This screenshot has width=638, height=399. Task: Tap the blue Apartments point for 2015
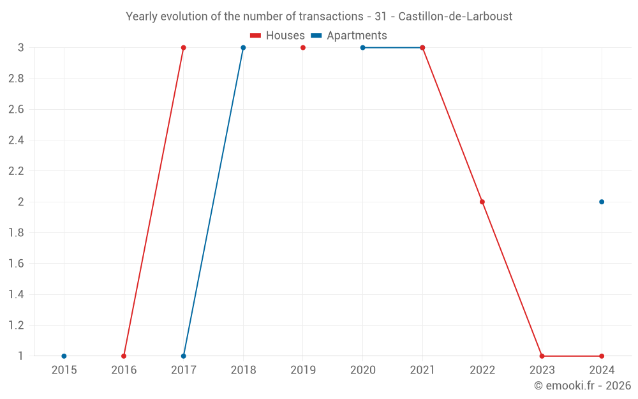(64, 356)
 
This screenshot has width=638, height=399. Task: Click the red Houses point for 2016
(124, 356)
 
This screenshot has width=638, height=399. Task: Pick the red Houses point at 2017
(183, 48)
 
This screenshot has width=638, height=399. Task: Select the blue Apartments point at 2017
(183, 356)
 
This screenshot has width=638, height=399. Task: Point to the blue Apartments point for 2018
(243, 48)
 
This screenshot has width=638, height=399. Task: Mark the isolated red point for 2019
(303, 48)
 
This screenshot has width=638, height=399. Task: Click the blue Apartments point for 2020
(362, 48)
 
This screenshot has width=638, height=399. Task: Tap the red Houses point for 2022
(482, 202)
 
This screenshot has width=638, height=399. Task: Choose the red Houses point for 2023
(542, 356)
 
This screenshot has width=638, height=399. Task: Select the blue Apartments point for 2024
(602, 202)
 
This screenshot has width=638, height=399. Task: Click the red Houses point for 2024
(602, 356)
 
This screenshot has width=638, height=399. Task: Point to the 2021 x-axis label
(422, 370)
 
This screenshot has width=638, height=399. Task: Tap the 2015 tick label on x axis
(64, 370)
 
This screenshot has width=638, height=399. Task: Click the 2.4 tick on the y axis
(17, 140)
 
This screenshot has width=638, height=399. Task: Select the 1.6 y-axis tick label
(17, 264)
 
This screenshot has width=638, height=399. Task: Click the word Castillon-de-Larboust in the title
(455, 17)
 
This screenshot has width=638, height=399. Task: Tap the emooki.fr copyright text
(582, 386)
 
